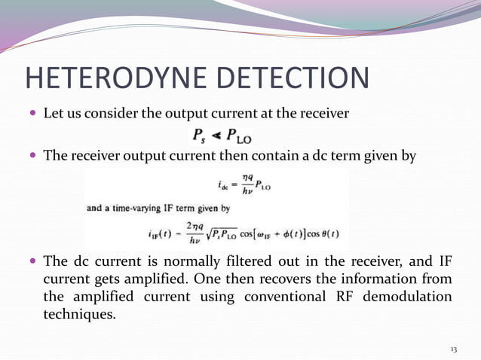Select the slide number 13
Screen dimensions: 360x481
[x=454, y=349]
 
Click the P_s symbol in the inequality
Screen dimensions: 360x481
[x=199, y=136]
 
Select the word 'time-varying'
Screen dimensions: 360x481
[x=133, y=210]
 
